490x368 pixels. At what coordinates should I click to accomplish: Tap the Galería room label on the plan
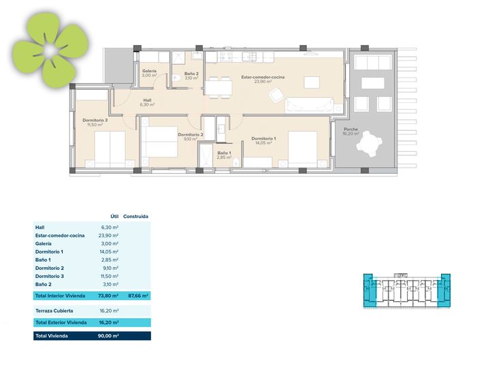point(149,71)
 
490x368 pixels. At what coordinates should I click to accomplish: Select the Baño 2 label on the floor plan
point(191,74)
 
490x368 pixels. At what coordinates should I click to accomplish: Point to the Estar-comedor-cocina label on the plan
point(263,76)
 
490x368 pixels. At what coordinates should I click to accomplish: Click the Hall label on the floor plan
point(148,100)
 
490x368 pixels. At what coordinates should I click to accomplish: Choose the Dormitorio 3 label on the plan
point(95,120)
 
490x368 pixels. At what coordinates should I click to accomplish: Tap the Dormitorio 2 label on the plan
point(191,134)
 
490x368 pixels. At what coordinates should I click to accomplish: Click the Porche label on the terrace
point(350,129)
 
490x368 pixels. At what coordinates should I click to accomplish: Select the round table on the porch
point(370,144)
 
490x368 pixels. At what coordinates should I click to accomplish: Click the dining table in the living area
point(218,87)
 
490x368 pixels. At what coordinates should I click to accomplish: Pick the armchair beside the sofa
point(276,95)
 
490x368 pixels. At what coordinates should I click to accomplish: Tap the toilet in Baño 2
point(176,78)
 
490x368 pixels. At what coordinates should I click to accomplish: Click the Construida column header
point(135,216)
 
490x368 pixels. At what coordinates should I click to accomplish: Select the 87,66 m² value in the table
point(138,295)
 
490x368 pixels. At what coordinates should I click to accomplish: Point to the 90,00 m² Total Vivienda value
point(108,336)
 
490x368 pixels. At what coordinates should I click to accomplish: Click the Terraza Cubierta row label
point(54,311)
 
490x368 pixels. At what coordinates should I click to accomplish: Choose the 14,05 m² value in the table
point(108,251)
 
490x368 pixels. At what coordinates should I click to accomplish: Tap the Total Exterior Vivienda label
point(61,322)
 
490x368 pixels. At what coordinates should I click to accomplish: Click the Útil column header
point(114,216)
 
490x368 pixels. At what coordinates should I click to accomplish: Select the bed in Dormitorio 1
point(302,149)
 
